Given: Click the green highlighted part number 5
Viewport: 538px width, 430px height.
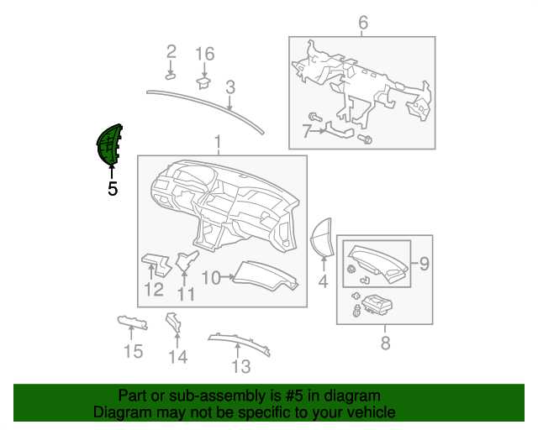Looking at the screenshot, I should click(109, 144).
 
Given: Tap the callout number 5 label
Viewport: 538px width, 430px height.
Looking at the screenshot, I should click(113, 190).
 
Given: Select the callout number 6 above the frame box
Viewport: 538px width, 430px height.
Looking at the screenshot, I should click(363, 22).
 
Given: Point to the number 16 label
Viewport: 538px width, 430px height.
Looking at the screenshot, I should click(205, 54).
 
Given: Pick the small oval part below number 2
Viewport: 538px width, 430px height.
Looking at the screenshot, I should click(170, 76).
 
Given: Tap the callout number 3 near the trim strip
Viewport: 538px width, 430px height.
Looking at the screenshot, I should click(229, 86).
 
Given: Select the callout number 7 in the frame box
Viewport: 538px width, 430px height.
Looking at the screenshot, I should click(307, 130).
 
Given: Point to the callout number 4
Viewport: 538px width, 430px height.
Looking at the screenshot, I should click(323, 282).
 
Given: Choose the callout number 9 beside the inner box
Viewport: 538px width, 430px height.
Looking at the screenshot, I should click(425, 264).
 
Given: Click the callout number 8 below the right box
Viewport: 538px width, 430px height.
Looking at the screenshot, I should click(385, 343).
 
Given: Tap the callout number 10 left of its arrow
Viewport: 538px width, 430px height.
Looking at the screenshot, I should click(211, 277).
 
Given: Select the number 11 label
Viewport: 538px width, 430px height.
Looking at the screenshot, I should click(186, 294).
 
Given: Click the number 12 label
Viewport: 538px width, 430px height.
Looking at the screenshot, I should click(153, 291).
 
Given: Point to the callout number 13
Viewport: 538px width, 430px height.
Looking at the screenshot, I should click(241, 366).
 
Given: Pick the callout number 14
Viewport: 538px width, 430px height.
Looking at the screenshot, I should click(177, 357).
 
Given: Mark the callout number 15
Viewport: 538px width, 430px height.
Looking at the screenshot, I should click(134, 351).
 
